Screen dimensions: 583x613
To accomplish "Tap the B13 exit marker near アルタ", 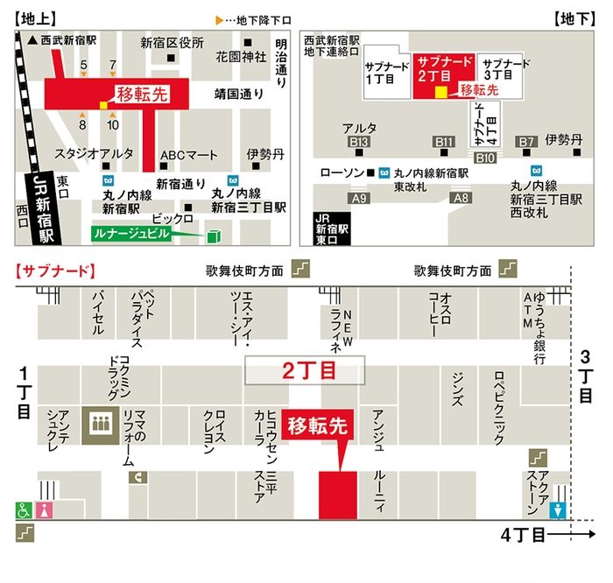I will pos(359,142).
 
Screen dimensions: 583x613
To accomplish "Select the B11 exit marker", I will pos(445,142).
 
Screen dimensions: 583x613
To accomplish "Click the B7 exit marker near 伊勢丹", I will pos(525,142).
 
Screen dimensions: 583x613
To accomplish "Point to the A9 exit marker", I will pos(359,199).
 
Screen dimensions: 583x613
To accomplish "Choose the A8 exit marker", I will pos(461,199).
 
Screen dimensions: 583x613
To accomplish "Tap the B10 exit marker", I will pos(485,158).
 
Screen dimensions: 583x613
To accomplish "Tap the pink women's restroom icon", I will pos(45,509).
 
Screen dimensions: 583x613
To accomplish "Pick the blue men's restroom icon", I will pos(558,509).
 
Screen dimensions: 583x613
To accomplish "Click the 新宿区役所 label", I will pos(173,42).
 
